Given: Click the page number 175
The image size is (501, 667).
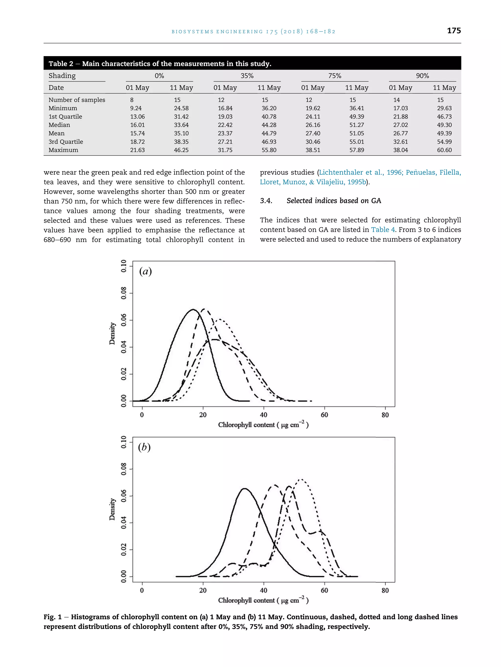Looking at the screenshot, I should click(454, 31).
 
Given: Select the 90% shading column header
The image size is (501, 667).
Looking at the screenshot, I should click(422, 76).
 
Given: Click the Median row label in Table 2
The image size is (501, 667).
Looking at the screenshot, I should click(59, 125).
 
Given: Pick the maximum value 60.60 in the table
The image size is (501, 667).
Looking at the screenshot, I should click(444, 150).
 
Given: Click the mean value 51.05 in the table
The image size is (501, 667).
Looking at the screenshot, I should click(357, 133).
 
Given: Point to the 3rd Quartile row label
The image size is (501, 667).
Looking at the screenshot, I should click(66, 142).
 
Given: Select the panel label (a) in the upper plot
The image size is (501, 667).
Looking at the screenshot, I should click(145, 271).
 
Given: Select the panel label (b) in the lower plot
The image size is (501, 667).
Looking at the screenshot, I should click(144, 447).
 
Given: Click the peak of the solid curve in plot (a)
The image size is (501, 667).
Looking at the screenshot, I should click(193, 309).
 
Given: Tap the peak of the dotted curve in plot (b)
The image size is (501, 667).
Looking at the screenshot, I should click(301, 479).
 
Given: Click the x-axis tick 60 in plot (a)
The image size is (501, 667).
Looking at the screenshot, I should click(324, 415).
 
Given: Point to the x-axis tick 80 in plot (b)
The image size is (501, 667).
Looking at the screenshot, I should click(385, 590).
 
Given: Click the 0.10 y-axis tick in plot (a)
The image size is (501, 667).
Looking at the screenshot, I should click(124, 266).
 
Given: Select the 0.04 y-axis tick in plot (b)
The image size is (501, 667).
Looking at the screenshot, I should click(124, 523).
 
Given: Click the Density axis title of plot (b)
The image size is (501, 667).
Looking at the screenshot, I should click(112, 509).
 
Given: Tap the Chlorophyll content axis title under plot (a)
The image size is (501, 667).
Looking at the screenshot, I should click(263, 424).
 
